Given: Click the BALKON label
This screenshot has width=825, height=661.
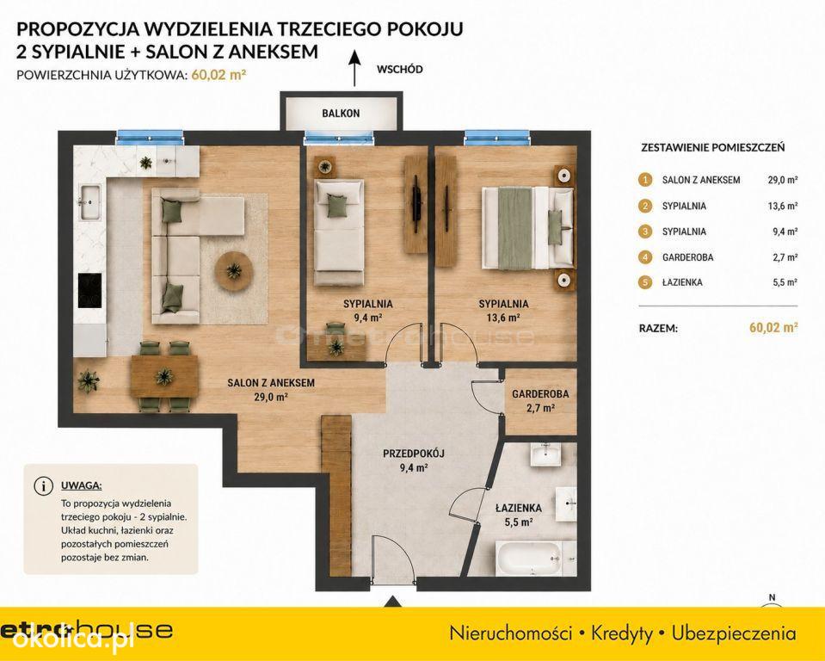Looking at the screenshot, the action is [x=341, y=113].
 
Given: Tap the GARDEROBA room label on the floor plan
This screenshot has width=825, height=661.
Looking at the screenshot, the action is [x=540, y=393].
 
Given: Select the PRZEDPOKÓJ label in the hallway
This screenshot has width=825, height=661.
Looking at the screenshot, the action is [x=414, y=453].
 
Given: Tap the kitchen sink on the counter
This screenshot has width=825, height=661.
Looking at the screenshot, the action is [x=90, y=202].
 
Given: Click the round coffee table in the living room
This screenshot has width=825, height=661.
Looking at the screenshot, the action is [x=234, y=271].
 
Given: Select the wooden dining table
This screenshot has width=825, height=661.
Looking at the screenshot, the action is [x=164, y=376].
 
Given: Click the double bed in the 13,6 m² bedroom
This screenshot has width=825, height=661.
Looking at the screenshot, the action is [x=527, y=227].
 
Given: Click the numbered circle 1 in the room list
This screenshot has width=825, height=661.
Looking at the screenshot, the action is [x=645, y=180].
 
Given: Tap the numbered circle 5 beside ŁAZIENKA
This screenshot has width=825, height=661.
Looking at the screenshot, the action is [x=645, y=282].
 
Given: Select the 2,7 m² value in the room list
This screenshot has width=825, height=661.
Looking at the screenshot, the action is [x=785, y=257].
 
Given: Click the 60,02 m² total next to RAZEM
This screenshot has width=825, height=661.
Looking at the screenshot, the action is [x=773, y=327].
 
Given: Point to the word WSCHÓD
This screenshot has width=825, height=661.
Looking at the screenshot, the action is [x=400, y=69].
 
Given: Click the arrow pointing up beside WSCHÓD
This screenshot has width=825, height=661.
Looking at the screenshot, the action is [x=354, y=68].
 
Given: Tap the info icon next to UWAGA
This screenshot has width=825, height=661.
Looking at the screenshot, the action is [x=43, y=485].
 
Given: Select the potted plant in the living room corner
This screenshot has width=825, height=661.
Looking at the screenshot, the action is [x=89, y=381].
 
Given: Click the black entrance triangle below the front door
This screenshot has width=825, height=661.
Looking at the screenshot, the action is [x=392, y=602].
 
